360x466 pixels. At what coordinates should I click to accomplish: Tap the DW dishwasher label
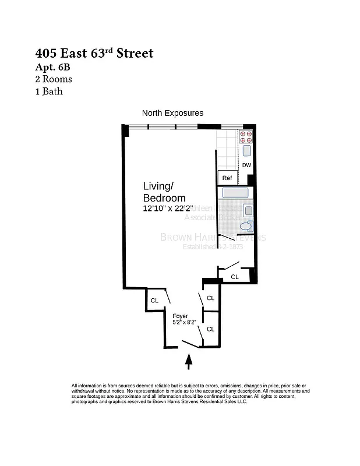click(246, 165)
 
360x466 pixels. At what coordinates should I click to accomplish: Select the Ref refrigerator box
click(227, 178)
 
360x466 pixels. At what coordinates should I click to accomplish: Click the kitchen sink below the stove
click(246, 151)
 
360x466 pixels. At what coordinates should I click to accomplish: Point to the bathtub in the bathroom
click(235, 193)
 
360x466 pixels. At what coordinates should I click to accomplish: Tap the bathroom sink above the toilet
click(248, 211)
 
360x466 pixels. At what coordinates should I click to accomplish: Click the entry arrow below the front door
click(188, 363)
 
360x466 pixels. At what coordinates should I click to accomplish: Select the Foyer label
click(180, 316)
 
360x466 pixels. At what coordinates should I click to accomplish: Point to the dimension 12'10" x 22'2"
click(168, 208)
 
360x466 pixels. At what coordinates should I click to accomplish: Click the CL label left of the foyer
click(154, 301)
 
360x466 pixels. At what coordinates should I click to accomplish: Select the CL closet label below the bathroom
click(234, 277)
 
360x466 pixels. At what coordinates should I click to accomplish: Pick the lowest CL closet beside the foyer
click(210, 329)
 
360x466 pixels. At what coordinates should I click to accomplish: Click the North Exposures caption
click(172, 113)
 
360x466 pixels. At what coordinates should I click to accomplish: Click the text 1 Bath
click(49, 91)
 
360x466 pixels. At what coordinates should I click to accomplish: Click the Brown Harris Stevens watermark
click(213, 238)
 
